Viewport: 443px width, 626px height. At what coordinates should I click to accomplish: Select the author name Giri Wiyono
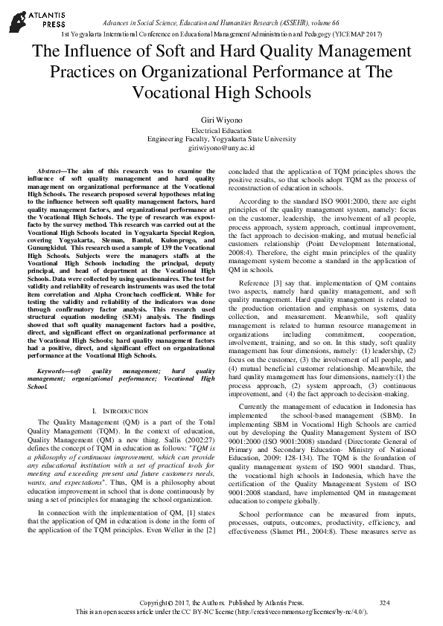[x=221, y=119]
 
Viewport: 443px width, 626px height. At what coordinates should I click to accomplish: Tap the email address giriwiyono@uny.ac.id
[x=221, y=148]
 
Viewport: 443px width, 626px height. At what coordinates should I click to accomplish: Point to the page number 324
[x=384, y=601]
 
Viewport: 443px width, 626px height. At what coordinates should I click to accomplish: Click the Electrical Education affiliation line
[x=221, y=129]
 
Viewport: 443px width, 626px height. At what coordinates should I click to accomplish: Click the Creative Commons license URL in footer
[x=311, y=611]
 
